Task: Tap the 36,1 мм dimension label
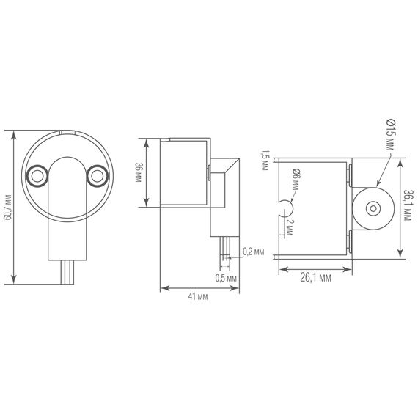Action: tap(407, 208)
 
